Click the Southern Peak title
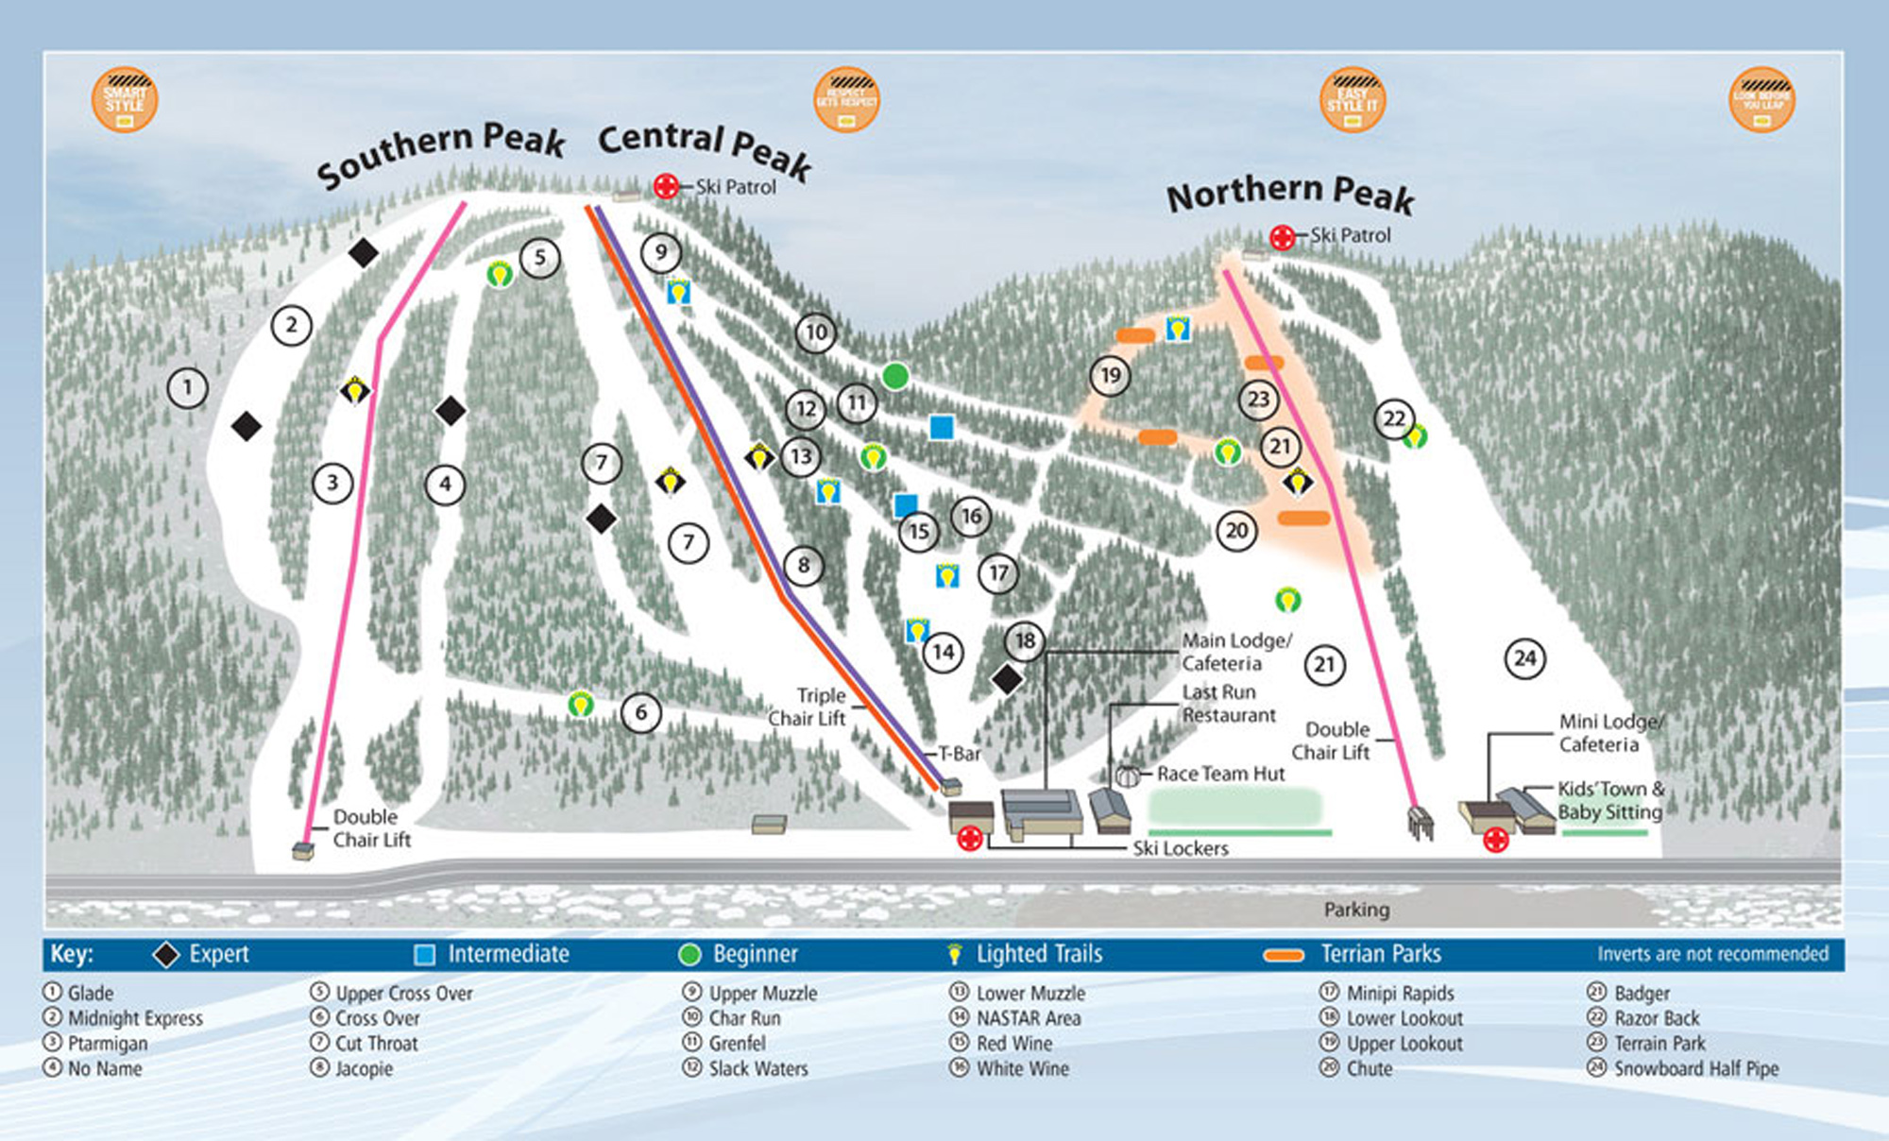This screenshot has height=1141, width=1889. coord(440,153)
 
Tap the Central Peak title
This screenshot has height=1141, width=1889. coord(705,149)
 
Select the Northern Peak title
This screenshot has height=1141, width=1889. coord(1290,194)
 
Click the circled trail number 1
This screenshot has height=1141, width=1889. coord(187,387)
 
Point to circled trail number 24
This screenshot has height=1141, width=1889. coord(1524,658)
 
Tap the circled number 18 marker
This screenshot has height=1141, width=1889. coord(1025,641)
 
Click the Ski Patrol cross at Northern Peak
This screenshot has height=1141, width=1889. coord(1282,237)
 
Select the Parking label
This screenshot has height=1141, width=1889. coord(1356,910)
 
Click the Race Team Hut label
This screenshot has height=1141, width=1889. coord(1220,774)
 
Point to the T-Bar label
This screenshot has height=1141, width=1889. coord(960,754)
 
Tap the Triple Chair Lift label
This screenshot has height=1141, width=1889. coord(808,707)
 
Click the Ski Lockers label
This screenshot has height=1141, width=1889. coord(1181,848)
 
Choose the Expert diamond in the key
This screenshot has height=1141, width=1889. coord(166,955)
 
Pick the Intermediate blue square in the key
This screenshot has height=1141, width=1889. coord(425,955)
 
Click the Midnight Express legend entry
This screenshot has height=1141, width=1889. coord(135,1018)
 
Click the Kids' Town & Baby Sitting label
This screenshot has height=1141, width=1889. coord(1610,800)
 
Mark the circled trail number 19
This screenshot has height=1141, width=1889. coord(1110,376)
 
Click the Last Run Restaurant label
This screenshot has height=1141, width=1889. coord(1228,704)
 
